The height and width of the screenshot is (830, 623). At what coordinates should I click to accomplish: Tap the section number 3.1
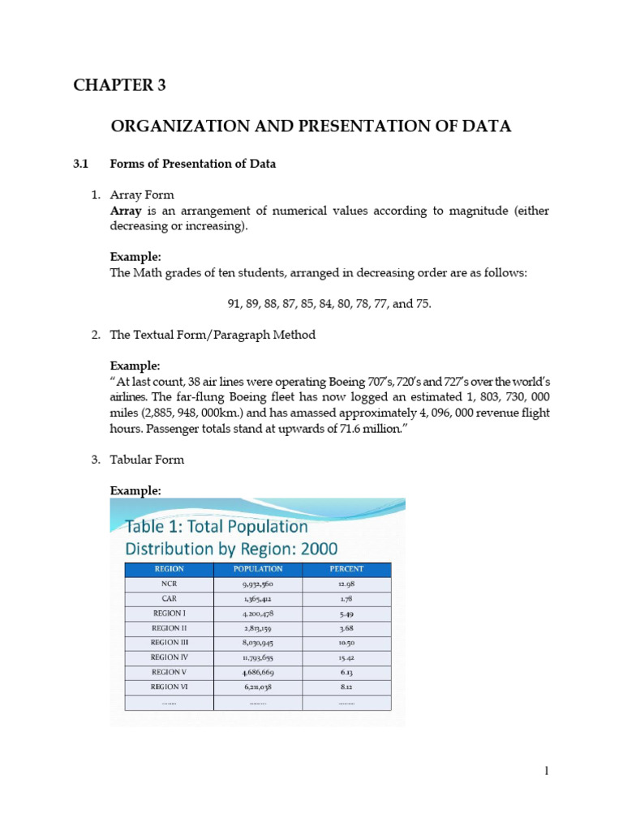coord(79,164)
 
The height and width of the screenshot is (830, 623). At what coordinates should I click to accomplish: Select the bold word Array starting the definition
coord(126,211)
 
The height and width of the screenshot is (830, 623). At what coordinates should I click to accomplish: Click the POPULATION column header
coord(257,569)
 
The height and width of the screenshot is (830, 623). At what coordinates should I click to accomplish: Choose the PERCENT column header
coord(346,569)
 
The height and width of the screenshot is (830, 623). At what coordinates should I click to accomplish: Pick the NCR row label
coord(169,583)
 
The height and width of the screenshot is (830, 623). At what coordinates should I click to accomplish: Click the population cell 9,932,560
coord(257,583)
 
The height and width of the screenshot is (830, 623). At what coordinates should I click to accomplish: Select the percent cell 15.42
coord(346,657)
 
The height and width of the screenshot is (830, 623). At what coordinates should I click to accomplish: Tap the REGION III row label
coord(169,642)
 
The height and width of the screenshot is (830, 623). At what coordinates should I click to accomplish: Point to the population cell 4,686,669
coord(257,672)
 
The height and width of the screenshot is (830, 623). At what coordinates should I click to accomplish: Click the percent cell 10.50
coord(346,642)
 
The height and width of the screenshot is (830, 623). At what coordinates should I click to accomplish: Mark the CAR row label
coord(169,598)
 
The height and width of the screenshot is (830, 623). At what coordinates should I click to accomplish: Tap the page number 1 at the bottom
coord(547,771)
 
